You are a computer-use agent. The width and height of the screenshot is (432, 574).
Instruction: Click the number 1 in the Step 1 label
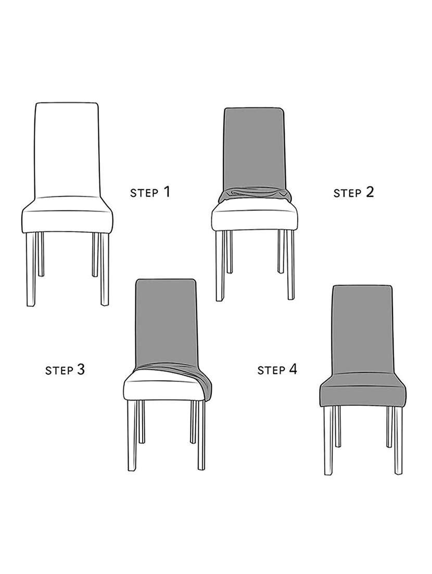pyautogui.click(x=167, y=192)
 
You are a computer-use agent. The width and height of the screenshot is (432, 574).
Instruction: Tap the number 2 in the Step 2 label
pyautogui.click(x=370, y=192)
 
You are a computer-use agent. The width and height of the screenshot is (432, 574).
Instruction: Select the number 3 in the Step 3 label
pyautogui.click(x=80, y=369)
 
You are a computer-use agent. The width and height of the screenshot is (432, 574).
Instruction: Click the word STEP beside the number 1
pyautogui.click(x=144, y=193)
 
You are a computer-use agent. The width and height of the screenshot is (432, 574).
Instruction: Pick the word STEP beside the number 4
pyautogui.click(x=271, y=371)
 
